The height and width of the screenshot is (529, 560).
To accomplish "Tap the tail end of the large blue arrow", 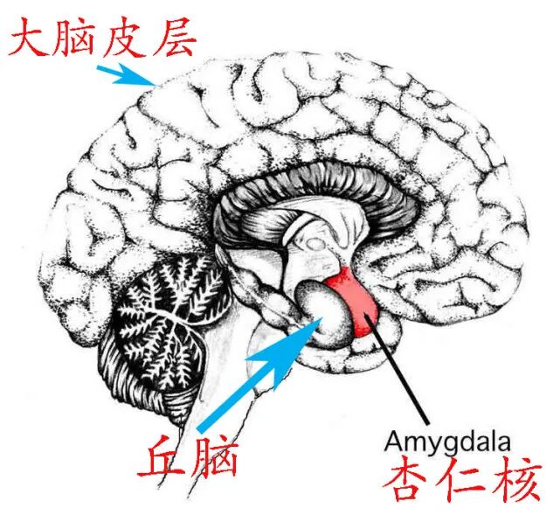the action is pos(203,427).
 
